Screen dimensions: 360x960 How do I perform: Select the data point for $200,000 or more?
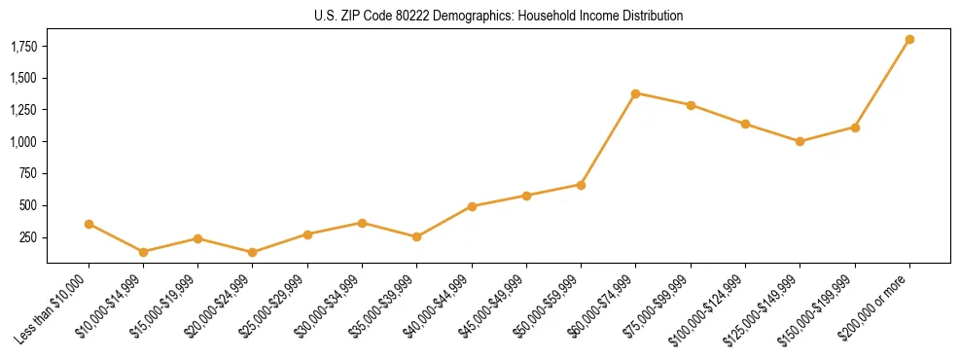(909, 40)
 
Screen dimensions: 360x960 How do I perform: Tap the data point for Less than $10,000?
(89, 224)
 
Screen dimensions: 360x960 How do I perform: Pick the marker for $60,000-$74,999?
(636, 93)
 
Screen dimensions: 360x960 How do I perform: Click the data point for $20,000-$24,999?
(253, 252)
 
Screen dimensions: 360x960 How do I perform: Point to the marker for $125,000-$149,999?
(800, 141)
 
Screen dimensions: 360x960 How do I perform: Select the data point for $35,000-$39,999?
(417, 236)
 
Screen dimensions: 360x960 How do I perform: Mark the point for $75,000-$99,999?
(691, 105)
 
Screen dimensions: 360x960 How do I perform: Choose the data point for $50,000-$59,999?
(581, 185)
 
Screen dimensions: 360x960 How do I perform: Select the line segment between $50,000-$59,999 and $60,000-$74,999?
(608, 139)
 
